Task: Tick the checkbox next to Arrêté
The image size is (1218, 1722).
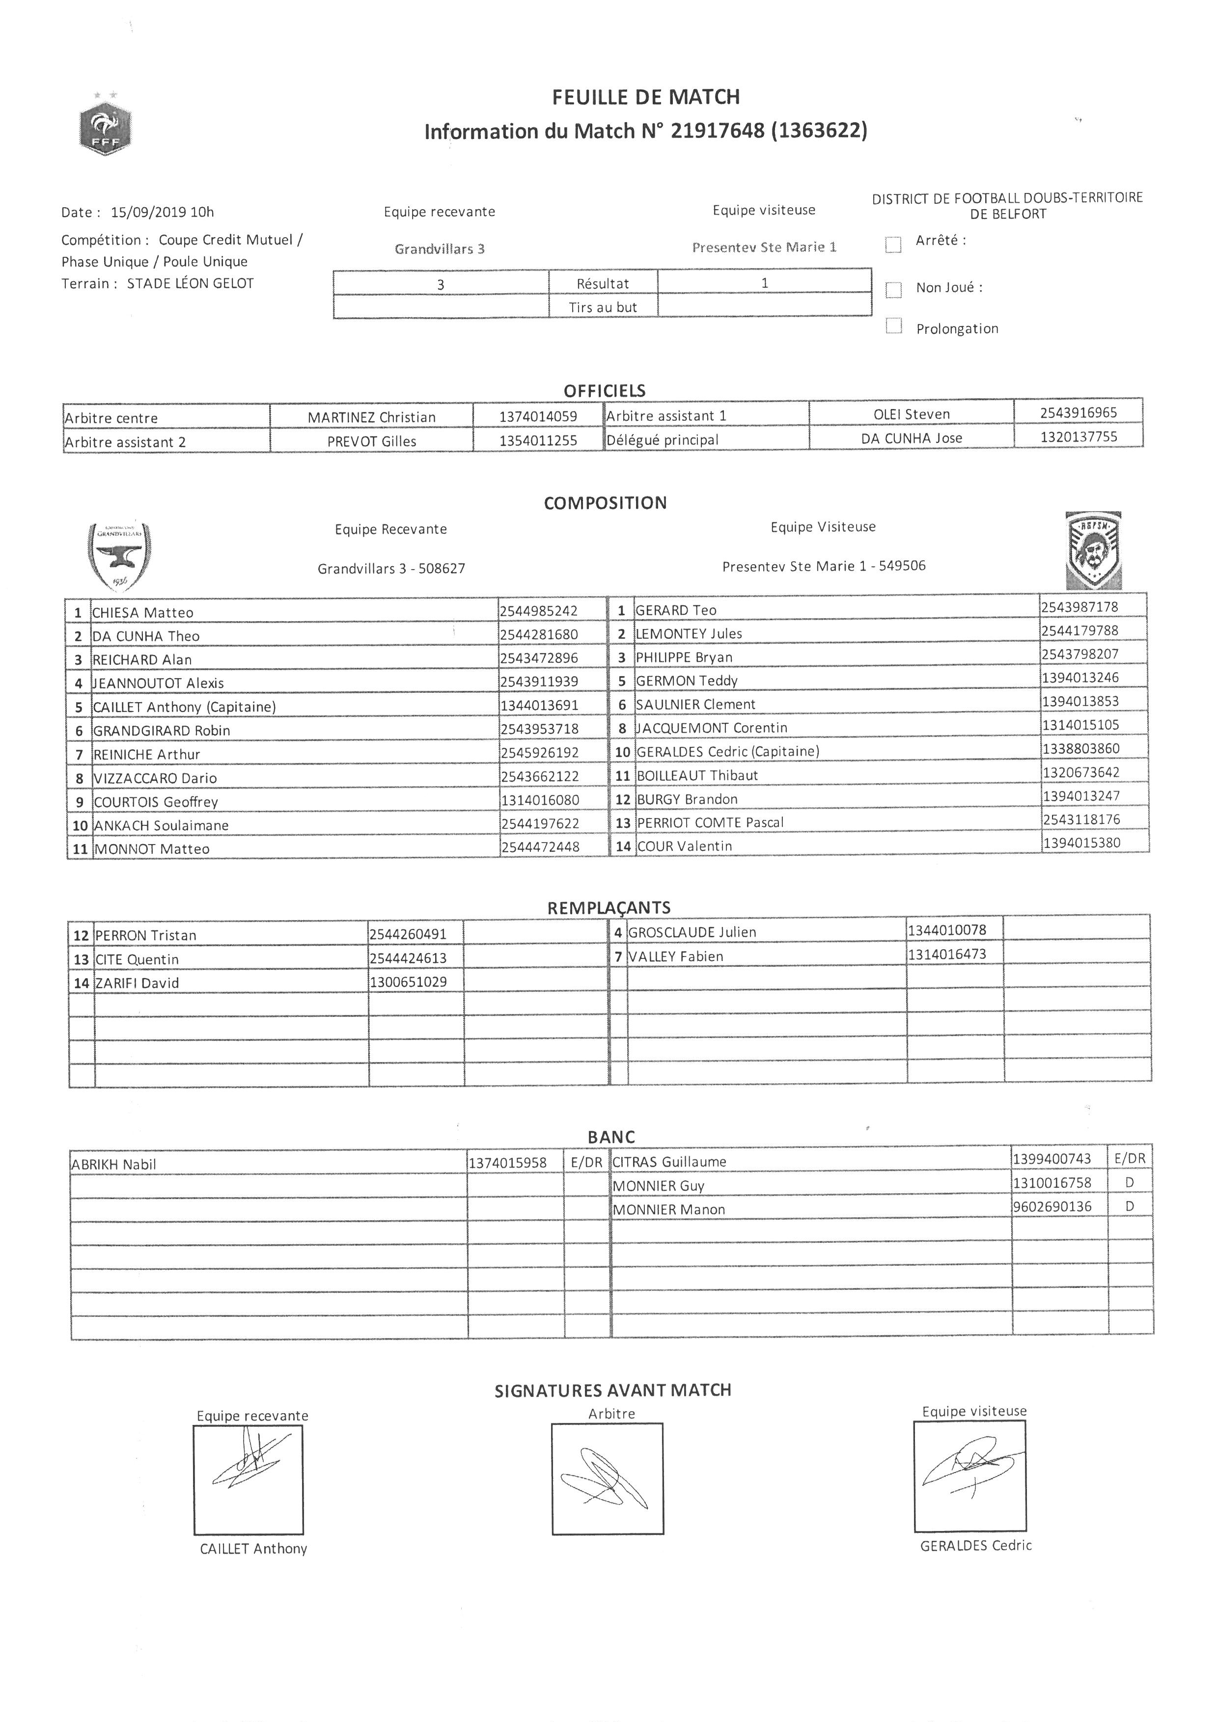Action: click(x=893, y=245)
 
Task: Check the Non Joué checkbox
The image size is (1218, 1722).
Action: click(x=893, y=290)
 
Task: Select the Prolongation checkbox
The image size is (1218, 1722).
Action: click(x=893, y=326)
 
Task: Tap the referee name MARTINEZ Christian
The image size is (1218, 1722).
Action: click(x=371, y=417)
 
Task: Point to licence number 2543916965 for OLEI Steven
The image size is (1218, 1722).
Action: click(x=1078, y=412)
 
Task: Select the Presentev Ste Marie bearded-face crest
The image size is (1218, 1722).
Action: click(x=1094, y=550)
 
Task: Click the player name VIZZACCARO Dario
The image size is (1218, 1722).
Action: click(x=155, y=778)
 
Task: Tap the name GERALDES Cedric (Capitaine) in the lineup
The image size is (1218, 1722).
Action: click(x=727, y=751)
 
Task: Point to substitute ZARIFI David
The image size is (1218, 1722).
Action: click(x=137, y=983)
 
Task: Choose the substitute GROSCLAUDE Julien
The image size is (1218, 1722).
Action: click(x=692, y=932)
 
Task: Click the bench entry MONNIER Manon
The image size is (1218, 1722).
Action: click(x=669, y=1209)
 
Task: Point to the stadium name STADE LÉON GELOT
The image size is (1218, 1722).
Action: click(x=191, y=283)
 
